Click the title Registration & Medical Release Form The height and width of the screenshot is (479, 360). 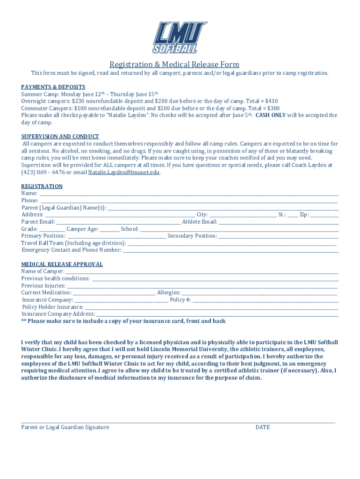[x=174, y=65]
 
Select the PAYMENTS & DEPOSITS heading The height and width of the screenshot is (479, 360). [x=53, y=87]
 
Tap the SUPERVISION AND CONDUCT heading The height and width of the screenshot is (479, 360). [x=60, y=137]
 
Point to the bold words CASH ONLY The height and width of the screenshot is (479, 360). [x=270, y=115]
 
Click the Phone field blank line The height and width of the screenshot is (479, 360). [x=187, y=201]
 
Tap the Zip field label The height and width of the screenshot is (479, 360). [x=304, y=215]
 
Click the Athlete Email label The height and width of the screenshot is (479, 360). [x=200, y=222]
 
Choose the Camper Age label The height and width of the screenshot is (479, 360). [x=82, y=229]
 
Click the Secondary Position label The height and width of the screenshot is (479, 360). [x=192, y=236]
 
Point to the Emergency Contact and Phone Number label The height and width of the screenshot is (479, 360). [x=72, y=250]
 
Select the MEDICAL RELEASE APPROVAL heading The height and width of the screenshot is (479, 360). [x=62, y=264]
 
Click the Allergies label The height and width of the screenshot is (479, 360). [x=168, y=293]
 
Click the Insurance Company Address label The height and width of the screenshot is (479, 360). [x=58, y=314]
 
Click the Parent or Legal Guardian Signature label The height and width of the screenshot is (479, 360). [x=65, y=427]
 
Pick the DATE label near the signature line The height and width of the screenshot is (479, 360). [x=262, y=427]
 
